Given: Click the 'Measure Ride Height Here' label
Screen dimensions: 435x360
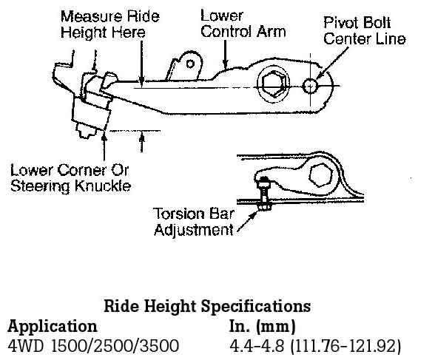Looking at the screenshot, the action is (110, 24).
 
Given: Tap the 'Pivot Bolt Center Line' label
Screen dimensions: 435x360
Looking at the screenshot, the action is (364, 30).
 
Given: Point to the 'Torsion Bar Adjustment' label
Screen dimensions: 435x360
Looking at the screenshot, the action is (194, 222).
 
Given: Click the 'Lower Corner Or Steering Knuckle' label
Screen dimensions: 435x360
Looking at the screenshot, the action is (70, 178).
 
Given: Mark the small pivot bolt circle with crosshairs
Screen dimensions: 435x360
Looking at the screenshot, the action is (310, 86).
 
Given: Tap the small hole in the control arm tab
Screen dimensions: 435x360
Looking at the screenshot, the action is (190, 64).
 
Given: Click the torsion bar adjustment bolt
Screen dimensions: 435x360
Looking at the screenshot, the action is (263, 194).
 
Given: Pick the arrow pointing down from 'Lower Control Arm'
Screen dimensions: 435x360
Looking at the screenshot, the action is (226, 54).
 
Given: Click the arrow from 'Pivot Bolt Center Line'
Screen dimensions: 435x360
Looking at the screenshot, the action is (332, 63).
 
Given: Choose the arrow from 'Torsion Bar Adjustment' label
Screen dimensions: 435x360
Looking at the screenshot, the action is (247, 223).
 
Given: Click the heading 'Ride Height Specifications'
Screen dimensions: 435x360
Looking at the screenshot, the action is (207, 307).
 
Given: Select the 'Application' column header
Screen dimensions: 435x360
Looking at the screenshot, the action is (53, 327).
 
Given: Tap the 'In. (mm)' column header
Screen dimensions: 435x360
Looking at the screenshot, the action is (262, 326).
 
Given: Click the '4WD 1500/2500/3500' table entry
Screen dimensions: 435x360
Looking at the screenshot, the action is (93, 346).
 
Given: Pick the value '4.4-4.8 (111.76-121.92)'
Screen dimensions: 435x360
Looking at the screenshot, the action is (315, 346).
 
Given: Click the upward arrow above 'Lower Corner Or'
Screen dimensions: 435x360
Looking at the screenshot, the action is (104, 147).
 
